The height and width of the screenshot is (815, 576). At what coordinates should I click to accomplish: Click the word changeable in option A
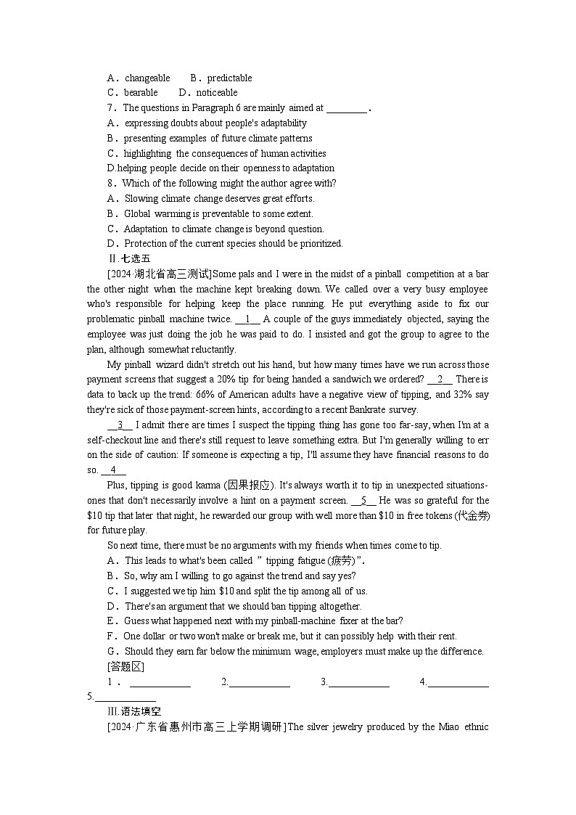point(147,78)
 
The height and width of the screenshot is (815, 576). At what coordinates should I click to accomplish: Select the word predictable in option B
point(229,78)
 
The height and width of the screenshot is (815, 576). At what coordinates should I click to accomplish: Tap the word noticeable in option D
point(216,93)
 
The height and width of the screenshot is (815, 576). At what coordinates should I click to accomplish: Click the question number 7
point(111,108)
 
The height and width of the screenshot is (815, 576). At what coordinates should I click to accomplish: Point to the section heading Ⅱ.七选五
point(129,259)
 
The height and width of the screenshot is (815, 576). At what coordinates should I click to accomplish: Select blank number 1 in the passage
point(247,319)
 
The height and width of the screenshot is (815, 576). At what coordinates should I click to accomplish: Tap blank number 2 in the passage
point(440,380)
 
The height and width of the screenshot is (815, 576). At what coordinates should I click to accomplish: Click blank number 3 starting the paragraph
point(120,425)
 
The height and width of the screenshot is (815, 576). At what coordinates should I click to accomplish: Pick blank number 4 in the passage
point(113,470)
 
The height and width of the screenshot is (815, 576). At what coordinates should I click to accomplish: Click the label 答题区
point(126,666)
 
